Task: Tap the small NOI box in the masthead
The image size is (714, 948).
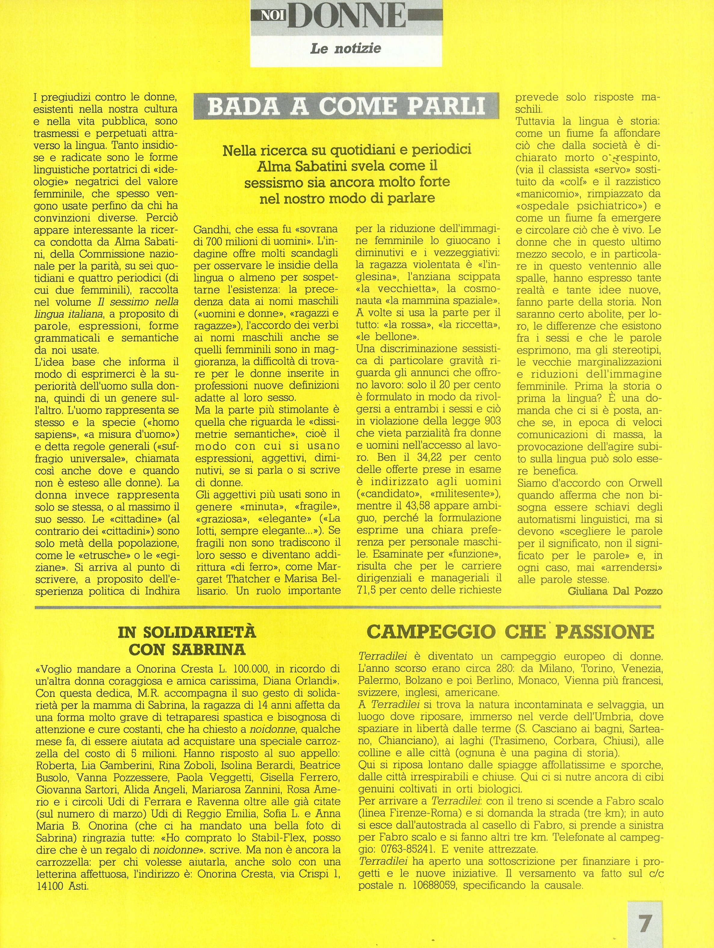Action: click(270, 16)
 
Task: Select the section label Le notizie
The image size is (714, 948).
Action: click(346, 48)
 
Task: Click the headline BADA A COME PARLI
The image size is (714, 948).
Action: click(346, 107)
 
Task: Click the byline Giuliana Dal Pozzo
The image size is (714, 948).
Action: click(614, 591)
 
